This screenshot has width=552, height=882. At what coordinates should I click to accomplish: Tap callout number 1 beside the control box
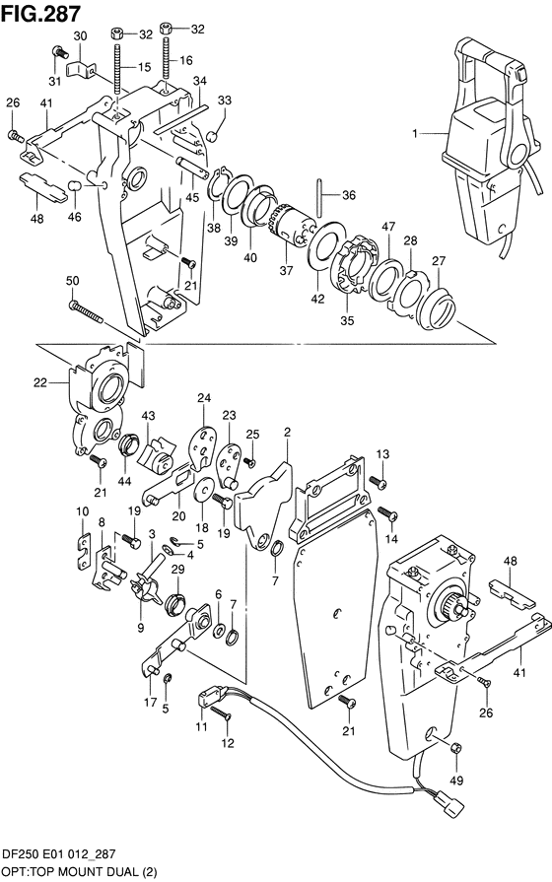(415, 133)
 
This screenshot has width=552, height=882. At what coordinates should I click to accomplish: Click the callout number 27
(437, 260)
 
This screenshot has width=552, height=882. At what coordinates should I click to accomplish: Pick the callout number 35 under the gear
(346, 318)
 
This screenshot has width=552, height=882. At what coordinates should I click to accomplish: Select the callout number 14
(391, 540)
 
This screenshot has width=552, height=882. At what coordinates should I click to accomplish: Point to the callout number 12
(230, 743)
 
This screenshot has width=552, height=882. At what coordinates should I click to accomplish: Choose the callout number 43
(149, 418)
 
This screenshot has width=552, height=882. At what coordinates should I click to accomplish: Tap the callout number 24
(205, 398)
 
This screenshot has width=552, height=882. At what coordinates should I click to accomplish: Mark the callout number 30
(81, 35)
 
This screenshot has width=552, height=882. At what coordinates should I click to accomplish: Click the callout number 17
(150, 702)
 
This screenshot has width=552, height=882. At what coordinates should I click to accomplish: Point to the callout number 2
(287, 432)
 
